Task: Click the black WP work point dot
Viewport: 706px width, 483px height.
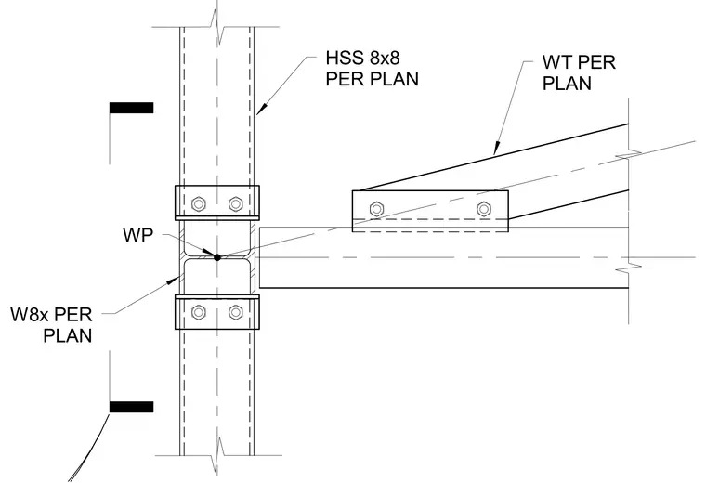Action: [217, 257]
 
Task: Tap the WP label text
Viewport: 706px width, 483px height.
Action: [137, 235]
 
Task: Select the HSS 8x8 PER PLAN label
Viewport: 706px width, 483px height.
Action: [372, 69]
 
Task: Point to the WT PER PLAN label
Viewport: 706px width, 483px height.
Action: [579, 72]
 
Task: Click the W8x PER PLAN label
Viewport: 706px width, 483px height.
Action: [51, 325]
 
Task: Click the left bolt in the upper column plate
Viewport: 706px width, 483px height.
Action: [199, 204]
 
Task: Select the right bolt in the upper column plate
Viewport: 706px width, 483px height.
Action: [235, 204]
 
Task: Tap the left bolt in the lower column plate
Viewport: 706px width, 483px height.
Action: [199, 312]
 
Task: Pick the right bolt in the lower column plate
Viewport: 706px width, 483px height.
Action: [235, 312]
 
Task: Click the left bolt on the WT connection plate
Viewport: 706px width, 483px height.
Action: [376, 209]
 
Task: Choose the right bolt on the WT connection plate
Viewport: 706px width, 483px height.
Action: [484, 209]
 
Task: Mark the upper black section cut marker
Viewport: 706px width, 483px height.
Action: [132, 108]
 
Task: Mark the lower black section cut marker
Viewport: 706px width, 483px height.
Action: [132, 407]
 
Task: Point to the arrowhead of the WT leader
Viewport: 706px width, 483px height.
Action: [497, 148]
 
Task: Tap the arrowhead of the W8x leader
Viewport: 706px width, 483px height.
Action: [174, 281]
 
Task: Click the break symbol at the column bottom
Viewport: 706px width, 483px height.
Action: [218, 454]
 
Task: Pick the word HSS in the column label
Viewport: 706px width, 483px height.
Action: [342, 59]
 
